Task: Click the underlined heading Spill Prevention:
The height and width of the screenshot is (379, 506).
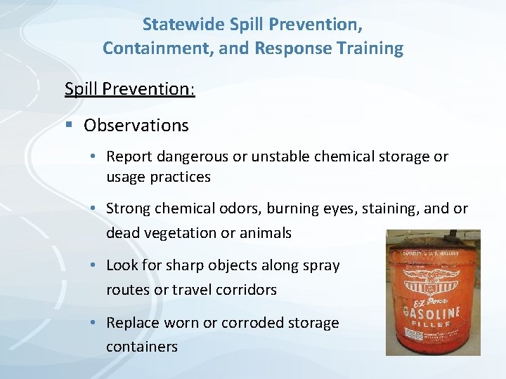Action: point(129,90)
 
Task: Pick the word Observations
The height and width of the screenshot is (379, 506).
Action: point(136,126)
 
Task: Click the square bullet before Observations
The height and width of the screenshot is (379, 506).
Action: point(69,126)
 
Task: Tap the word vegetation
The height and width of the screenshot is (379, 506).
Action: point(178,233)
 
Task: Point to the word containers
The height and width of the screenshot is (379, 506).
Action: point(142,347)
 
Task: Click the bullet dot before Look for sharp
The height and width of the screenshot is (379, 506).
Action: point(96,266)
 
